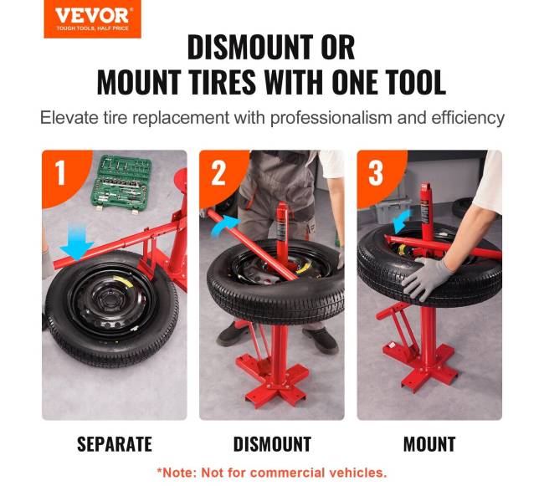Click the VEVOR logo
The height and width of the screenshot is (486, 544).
pos(92,18)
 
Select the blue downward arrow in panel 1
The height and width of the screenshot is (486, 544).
pos(77,241)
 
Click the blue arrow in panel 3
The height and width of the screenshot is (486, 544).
pos(402,221)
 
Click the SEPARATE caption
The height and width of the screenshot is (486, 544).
pos(115,444)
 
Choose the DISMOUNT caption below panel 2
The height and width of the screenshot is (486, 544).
pos(272,444)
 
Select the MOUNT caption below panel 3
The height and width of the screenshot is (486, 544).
pos(429,444)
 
